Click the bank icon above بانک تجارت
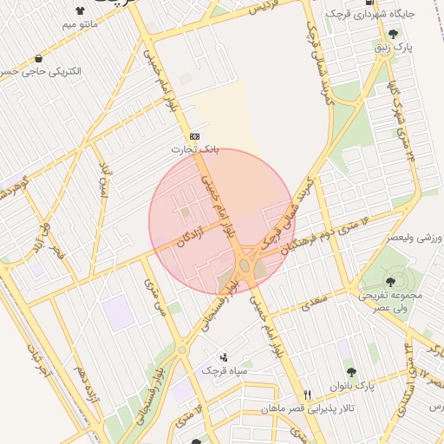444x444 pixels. coord(194,137)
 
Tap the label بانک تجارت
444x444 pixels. coord(194,149)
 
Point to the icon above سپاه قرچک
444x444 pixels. coord(225,356)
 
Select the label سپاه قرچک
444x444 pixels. coord(225,370)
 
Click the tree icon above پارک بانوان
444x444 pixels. coord(350,372)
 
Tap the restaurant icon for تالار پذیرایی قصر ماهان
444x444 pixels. coord(307,395)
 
